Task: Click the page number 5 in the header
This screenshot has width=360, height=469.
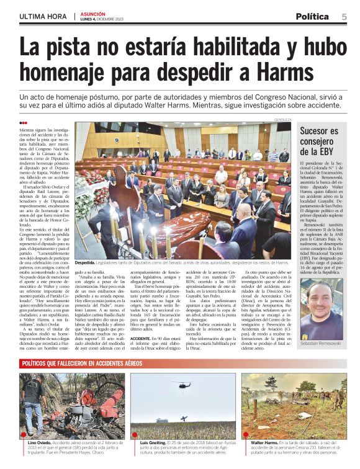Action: coord(344,16)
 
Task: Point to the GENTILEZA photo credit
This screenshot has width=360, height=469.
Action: coord(282,120)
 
